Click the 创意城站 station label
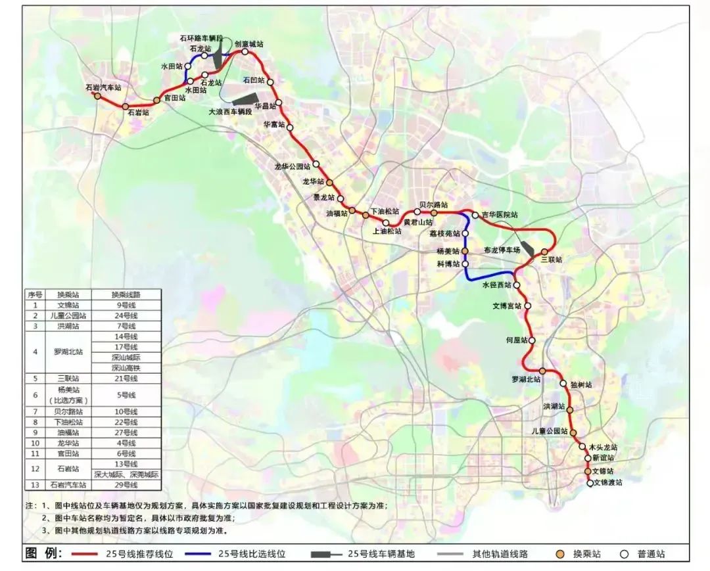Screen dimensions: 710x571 coord(249,44)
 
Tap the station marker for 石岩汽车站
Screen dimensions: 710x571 coord(97,96)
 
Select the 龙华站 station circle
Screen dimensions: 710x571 coord(330,183)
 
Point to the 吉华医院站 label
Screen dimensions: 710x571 coord(499,215)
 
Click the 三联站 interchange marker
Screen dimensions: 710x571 coord(544,252)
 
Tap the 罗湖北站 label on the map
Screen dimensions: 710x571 coord(526,380)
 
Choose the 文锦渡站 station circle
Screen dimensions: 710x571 coord(590,482)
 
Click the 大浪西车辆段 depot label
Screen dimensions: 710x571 coord(231,112)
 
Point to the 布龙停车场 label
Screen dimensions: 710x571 coord(502,250)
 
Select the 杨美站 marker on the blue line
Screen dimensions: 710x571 coord(464,252)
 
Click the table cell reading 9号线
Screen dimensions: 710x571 coord(126,305)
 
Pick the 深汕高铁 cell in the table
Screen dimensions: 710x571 coord(126,368)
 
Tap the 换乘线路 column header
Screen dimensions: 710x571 coord(126,294)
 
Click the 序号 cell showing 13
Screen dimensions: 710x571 coord(35,485)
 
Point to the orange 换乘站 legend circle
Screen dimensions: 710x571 coord(559,554)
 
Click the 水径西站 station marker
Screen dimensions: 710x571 coord(517,285)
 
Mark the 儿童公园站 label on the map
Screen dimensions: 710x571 coord(550,432)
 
